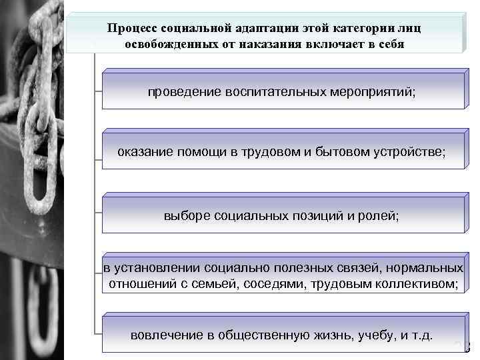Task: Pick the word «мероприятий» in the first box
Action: coord(373,91)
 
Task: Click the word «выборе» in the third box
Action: coord(183,215)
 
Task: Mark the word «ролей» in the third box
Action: coord(379,215)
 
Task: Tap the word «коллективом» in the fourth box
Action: coord(417,285)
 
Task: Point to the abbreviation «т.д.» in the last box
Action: coord(420,334)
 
